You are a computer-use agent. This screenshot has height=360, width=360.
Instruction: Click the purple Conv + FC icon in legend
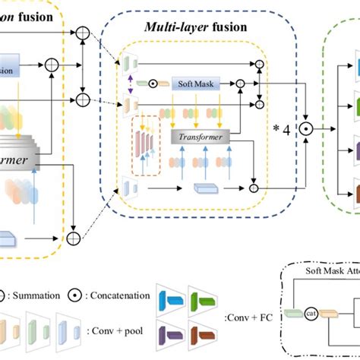(x=174, y=332)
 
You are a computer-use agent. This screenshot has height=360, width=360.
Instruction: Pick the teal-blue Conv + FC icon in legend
(x=174, y=295)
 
